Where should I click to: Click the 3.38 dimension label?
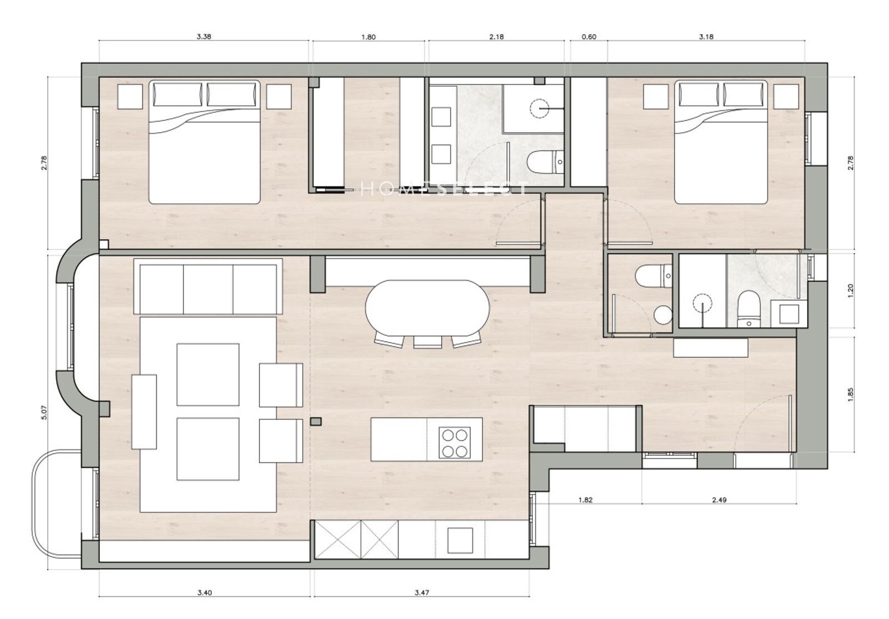[203, 37]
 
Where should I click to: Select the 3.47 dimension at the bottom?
[422, 603]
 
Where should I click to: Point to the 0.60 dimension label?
[589, 37]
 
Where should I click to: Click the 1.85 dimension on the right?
[850, 394]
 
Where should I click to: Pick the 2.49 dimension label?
[719, 500]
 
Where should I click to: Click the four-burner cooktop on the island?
[455, 442]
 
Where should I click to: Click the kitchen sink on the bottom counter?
[460, 540]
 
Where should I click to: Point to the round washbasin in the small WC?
[662, 315]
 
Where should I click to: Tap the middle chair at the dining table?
[427, 341]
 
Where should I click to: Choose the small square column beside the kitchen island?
[316, 421]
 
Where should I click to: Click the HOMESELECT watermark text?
[444, 189]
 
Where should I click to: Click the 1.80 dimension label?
[368, 37]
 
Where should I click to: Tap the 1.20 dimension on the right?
[850, 291]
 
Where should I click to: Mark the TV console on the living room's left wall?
[144, 411]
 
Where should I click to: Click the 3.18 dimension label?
[706, 37]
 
